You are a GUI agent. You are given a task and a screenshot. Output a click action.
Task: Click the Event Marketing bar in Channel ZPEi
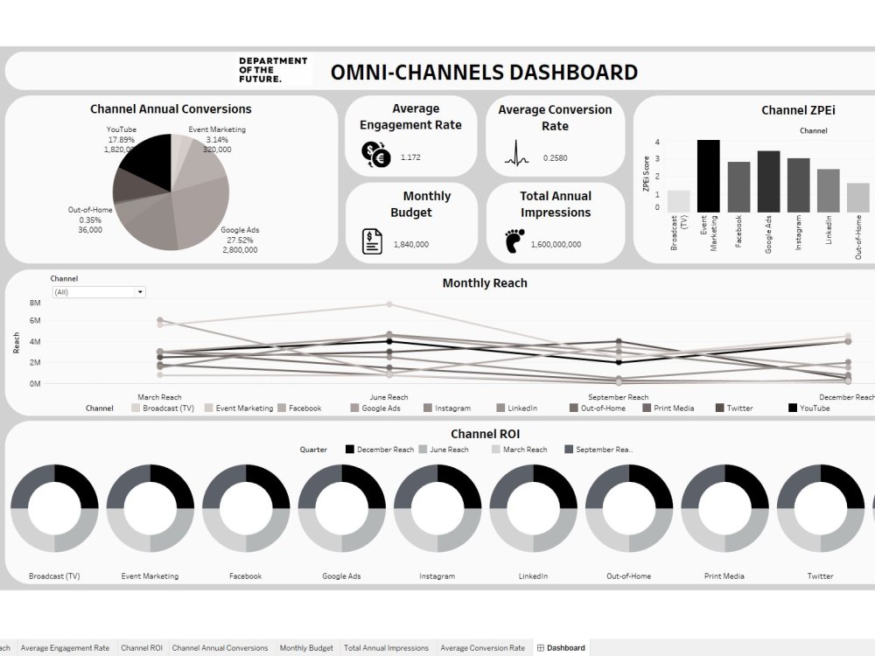tap(708, 176)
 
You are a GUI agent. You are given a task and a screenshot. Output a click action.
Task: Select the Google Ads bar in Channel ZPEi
tap(768, 182)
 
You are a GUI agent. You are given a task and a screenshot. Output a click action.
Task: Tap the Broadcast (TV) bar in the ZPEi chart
tap(678, 201)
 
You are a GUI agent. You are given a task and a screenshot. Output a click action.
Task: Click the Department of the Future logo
tap(273, 70)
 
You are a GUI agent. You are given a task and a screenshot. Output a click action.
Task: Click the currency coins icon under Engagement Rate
tap(376, 155)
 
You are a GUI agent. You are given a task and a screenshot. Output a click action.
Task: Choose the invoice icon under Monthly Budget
tap(373, 241)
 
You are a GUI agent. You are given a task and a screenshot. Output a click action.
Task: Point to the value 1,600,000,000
tap(556, 245)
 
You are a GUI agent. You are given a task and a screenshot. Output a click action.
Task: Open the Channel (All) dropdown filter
tap(98, 292)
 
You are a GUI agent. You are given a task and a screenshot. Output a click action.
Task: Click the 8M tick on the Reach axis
tap(35, 303)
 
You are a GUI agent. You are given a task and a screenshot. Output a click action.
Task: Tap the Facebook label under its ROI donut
tap(245, 576)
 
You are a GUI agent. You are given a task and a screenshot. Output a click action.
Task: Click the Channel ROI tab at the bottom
tap(142, 648)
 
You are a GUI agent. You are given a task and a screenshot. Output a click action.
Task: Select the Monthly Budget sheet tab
tap(306, 648)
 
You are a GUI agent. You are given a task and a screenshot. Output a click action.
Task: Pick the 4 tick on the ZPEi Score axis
tap(657, 142)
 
